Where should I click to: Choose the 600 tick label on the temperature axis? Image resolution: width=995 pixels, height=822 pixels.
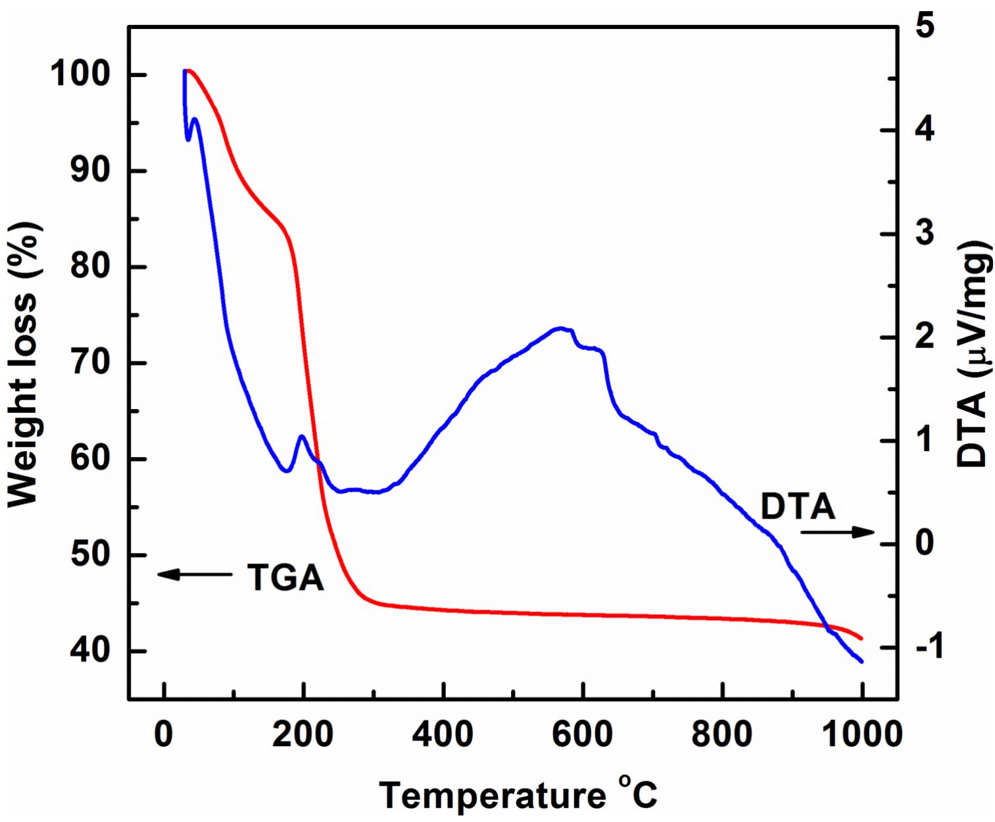(582, 734)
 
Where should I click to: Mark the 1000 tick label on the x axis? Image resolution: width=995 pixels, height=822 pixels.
(862, 734)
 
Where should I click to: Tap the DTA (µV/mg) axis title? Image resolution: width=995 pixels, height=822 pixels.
(973, 354)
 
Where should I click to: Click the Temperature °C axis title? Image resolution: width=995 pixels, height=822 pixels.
(518, 794)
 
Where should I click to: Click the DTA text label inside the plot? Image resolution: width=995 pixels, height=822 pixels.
(798, 507)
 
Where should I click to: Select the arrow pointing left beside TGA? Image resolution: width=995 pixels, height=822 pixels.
(195, 574)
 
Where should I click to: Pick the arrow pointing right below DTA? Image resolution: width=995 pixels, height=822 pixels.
(837, 532)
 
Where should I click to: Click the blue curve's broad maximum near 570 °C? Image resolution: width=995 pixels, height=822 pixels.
(560, 327)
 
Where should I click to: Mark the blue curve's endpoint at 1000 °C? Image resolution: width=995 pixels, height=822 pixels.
(861, 662)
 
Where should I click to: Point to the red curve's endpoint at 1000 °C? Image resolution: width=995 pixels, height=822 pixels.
(861, 638)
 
